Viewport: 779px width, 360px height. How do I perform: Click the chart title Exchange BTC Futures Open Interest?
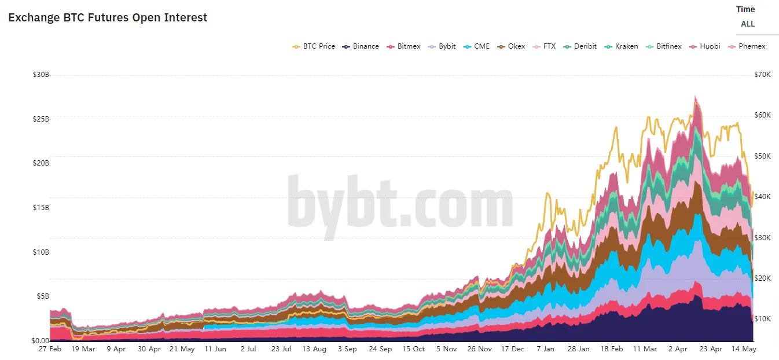click(108, 17)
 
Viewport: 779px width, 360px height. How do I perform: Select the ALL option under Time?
click(748, 24)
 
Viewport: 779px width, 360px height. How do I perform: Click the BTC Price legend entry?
click(314, 46)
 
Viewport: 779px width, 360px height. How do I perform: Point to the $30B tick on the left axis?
click(41, 75)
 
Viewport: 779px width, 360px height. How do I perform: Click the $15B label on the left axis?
click(41, 207)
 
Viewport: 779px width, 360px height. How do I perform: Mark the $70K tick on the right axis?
click(762, 75)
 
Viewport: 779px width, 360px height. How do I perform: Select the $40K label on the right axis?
click(762, 197)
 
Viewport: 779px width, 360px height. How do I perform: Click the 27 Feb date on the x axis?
click(50, 349)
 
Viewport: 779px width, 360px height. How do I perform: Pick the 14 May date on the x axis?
click(745, 349)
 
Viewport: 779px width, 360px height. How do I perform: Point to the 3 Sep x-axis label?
click(347, 349)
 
